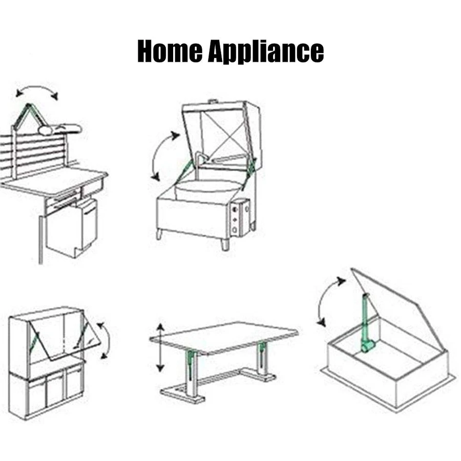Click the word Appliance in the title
[265, 52]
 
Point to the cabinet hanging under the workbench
[72, 228]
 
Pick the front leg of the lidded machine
[225, 243]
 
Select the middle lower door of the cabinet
[54, 389]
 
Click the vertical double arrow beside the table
[160, 348]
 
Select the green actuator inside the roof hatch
[367, 328]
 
